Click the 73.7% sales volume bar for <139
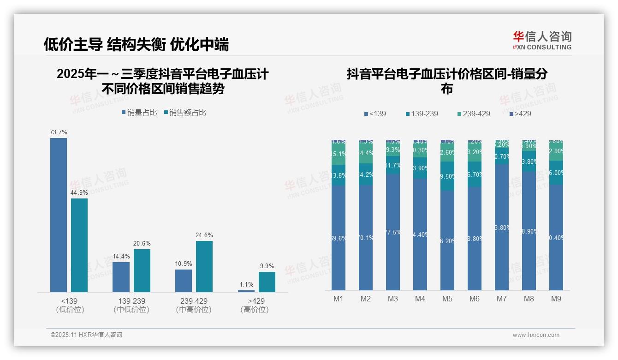(59, 215)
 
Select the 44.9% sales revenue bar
(79, 245)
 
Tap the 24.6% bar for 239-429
(204, 266)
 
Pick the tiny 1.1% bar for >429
(246, 291)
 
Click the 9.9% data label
(267, 266)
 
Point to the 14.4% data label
(121, 256)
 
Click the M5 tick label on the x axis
(447, 299)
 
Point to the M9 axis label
(556, 299)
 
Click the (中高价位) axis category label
(194, 310)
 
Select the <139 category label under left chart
(70, 301)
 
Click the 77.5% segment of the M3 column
(392, 232)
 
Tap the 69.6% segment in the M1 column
(338, 238)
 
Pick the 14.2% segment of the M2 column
(365, 174)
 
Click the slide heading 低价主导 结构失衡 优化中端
(136, 44)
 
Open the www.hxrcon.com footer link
(535, 335)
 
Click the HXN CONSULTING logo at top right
(542, 41)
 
